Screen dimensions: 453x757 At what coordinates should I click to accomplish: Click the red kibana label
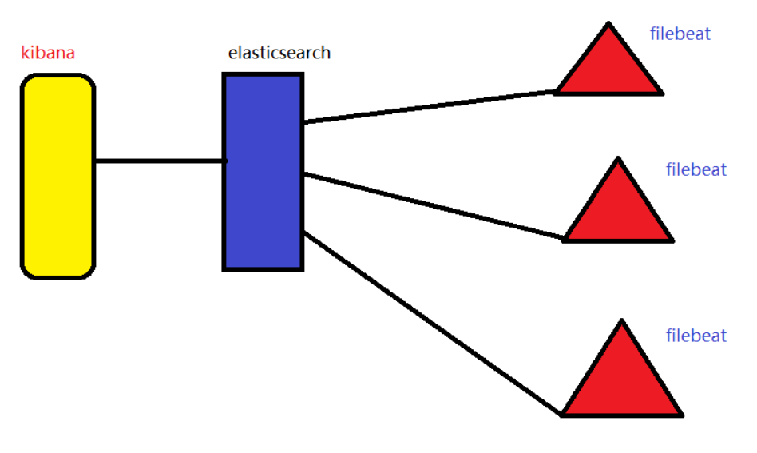[48, 54]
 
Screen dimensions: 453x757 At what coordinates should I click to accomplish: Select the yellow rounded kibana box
[57, 176]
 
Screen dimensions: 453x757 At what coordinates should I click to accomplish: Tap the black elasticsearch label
[279, 54]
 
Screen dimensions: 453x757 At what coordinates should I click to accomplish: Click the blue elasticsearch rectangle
[263, 172]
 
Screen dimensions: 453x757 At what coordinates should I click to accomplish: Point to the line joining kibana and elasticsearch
[160, 161]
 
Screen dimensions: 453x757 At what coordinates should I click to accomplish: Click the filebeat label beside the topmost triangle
[680, 34]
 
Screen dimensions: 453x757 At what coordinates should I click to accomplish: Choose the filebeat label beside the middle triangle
[696, 169]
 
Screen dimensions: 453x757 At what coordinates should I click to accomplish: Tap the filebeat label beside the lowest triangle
[696, 336]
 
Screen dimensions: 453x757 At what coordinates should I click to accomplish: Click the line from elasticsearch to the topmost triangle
[427, 107]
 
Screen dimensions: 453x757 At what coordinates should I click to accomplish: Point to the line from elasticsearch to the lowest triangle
[431, 324]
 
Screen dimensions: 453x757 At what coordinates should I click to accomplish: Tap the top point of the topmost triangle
[608, 25]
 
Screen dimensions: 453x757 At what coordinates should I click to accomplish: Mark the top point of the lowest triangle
[621, 322]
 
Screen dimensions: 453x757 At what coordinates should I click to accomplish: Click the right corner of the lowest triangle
[681, 414]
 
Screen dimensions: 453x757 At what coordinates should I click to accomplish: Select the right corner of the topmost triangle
[661, 93]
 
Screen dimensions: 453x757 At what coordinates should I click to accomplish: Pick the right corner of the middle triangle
[672, 239]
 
